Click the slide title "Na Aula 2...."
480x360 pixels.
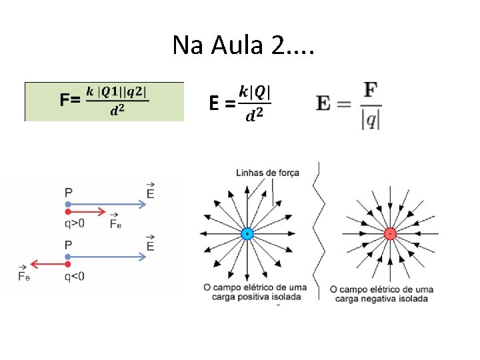pyautogui.click(x=243, y=45)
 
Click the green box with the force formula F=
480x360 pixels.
pyautogui.click(x=104, y=101)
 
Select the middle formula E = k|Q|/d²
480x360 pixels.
pyautogui.click(x=239, y=103)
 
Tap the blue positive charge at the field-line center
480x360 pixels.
pyautogui.click(x=247, y=234)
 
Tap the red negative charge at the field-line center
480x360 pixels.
pyautogui.click(x=390, y=233)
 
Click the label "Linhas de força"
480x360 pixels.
pyautogui.click(x=267, y=173)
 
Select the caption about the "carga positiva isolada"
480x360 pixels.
pyautogui.click(x=256, y=292)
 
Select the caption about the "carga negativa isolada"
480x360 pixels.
pyautogui.click(x=381, y=293)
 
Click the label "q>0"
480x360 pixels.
pyautogui.click(x=74, y=223)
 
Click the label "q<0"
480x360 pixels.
pyautogui.click(x=74, y=276)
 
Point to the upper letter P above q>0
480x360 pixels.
pyautogui.click(x=69, y=193)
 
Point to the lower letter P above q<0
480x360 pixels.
pyautogui.click(x=69, y=245)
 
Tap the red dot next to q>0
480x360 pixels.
pyautogui.click(x=68, y=211)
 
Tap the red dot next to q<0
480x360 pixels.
pyautogui.click(x=68, y=264)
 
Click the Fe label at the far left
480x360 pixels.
pyautogui.click(x=24, y=275)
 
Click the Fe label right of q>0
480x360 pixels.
pyautogui.click(x=116, y=223)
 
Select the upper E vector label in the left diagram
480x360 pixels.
pyautogui.click(x=150, y=191)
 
